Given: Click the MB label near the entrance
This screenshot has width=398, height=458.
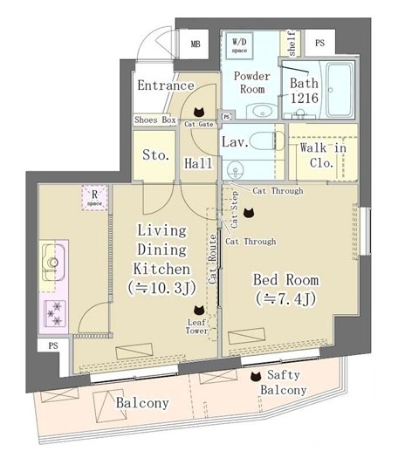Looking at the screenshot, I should (194, 43).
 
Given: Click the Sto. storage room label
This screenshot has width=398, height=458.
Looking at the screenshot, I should (156, 156).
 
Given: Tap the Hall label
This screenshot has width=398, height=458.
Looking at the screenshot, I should (200, 162).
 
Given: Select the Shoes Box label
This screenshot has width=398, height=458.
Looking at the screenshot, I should (155, 120).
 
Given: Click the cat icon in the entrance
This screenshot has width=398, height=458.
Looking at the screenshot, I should (198, 112).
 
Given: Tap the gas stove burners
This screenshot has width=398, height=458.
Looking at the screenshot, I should (53, 311).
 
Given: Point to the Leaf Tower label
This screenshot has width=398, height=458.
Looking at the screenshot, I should (197, 326).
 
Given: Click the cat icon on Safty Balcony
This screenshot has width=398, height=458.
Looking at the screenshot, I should (255, 377).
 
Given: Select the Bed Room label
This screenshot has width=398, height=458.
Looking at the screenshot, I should (285, 288).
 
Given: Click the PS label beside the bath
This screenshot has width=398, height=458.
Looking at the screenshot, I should (319, 43).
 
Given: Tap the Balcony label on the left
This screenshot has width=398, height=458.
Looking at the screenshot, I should (142, 403).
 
